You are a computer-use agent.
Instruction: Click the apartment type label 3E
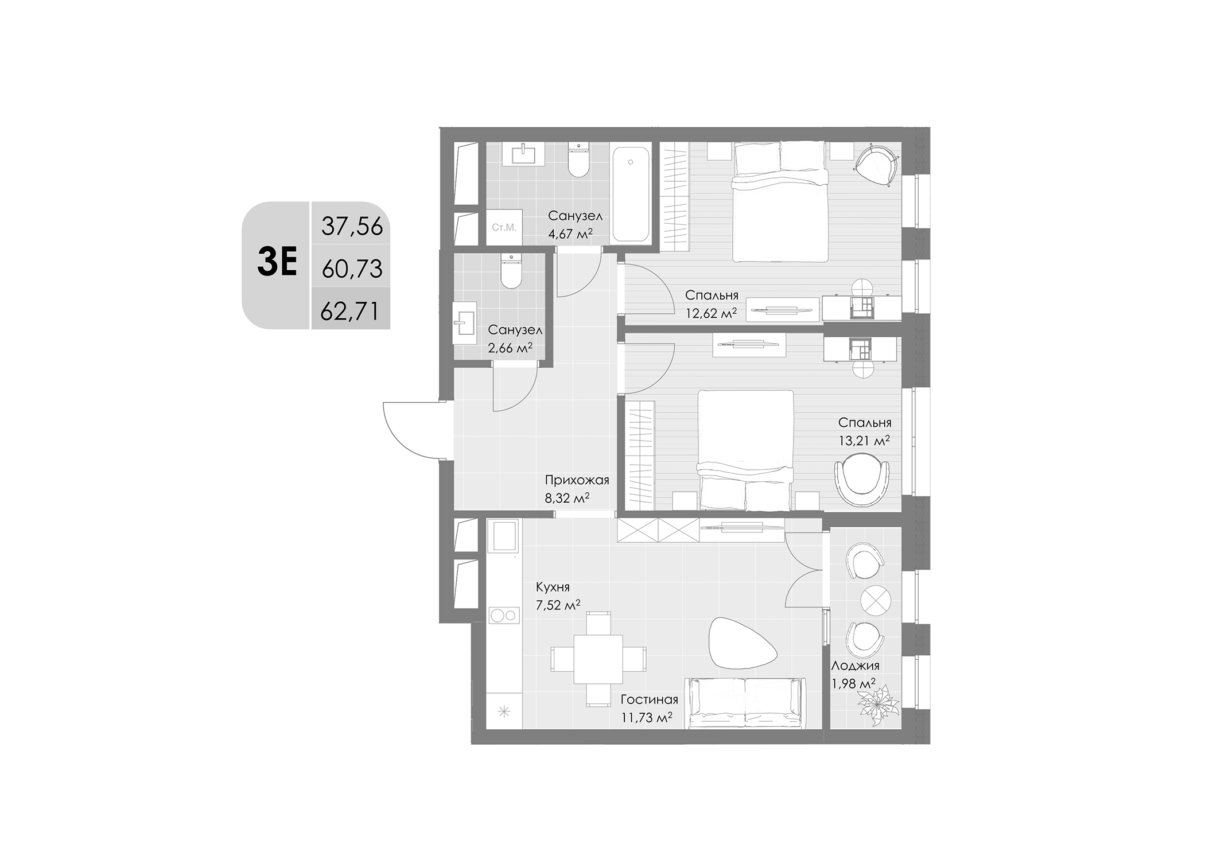pyautogui.click(x=277, y=264)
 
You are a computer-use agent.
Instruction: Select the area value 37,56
pyautogui.click(x=351, y=227)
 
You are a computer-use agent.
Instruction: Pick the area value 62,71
pyautogui.click(x=350, y=312)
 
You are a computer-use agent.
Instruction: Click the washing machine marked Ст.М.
pyautogui.click(x=504, y=228)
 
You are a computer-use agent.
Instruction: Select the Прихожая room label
pyautogui.click(x=577, y=480)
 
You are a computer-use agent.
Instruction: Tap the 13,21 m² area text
pyautogui.click(x=864, y=441)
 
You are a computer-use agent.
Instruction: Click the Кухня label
pyautogui.click(x=553, y=587)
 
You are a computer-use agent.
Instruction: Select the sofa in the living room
pyautogui.click(x=745, y=703)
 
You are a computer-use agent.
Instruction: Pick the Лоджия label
pyautogui.click(x=855, y=666)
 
